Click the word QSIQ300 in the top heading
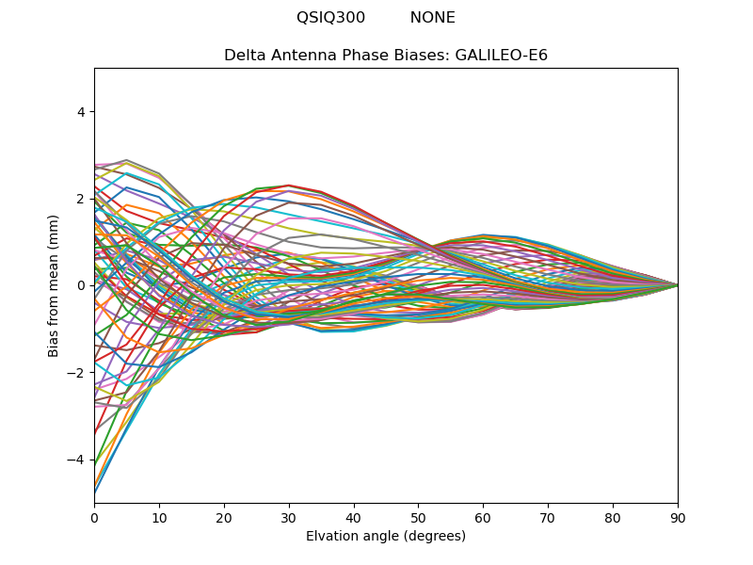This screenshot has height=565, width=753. pos(330,18)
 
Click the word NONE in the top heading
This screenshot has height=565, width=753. pos(432,18)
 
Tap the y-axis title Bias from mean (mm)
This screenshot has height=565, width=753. pos(54,284)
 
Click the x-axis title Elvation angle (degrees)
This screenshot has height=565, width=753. pos(386,537)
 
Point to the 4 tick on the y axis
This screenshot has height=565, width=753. pos(80,111)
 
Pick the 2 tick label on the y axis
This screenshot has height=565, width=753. pos(80,199)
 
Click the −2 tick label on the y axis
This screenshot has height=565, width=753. pos(77,373)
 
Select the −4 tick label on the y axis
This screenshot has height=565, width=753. pos(77,460)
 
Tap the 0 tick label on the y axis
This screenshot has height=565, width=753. pos(80,285)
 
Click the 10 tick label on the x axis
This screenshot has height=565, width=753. pos(159,517)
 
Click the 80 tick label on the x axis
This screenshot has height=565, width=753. pos(613,517)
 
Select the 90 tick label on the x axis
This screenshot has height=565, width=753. pos(678,517)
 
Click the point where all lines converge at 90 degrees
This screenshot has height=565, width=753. pos(677,285)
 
